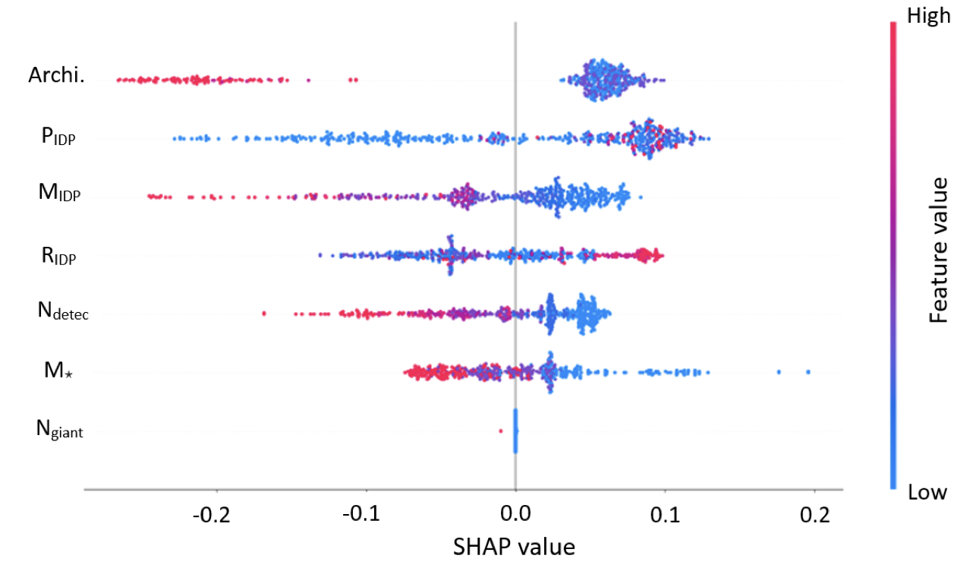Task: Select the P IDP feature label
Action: point(58,137)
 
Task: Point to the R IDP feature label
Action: point(58,255)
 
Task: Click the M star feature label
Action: point(58,371)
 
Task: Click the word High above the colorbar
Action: point(929,16)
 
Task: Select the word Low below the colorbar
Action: point(927,493)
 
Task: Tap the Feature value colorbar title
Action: point(940,251)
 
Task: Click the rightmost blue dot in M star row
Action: point(808,372)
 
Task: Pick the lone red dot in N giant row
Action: point(500,431)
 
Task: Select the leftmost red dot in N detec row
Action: point(263,313)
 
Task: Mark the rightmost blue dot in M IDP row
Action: point(640,197)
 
